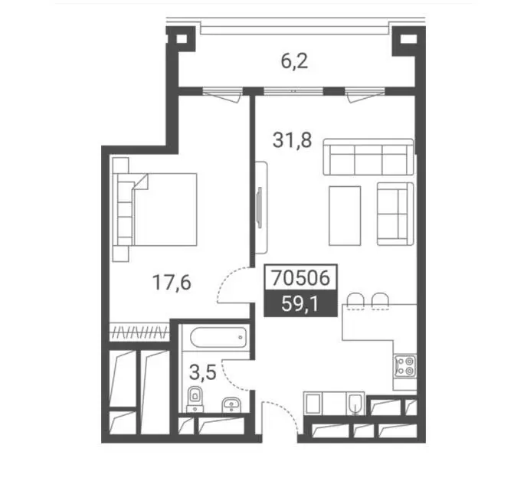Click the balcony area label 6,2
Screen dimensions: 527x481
[294, 61]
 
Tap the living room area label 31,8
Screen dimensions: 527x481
[292, 140]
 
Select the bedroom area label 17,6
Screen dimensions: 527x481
[172, 282]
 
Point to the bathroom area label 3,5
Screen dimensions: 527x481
[202, 373]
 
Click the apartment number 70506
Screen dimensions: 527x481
[300, 278]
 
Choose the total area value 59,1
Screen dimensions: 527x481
[300, 304]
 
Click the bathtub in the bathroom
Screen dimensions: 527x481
[218, 338]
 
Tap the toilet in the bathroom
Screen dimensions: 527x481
[195, 399]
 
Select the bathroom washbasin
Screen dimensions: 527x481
[231, 404]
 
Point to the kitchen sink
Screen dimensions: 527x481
[355, 404]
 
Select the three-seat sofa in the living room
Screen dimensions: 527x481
[368, 157]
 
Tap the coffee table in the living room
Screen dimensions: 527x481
[345, 216]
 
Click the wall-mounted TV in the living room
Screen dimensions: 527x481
[259, 208]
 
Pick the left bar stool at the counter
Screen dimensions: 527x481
[355, 302]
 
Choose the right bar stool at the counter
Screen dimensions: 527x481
[381, 302]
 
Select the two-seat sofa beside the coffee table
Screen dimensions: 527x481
[395, 214]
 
